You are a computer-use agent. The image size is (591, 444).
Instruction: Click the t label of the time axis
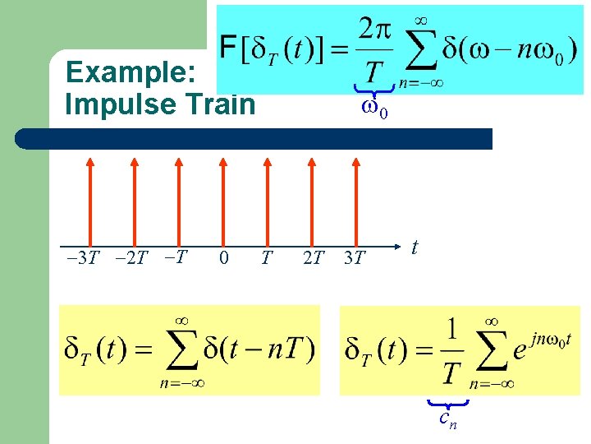tap(415, 247)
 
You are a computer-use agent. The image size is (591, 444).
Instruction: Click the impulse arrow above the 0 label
tap(223, 197)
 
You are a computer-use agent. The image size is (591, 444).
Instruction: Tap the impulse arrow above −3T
tap(89, 197)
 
